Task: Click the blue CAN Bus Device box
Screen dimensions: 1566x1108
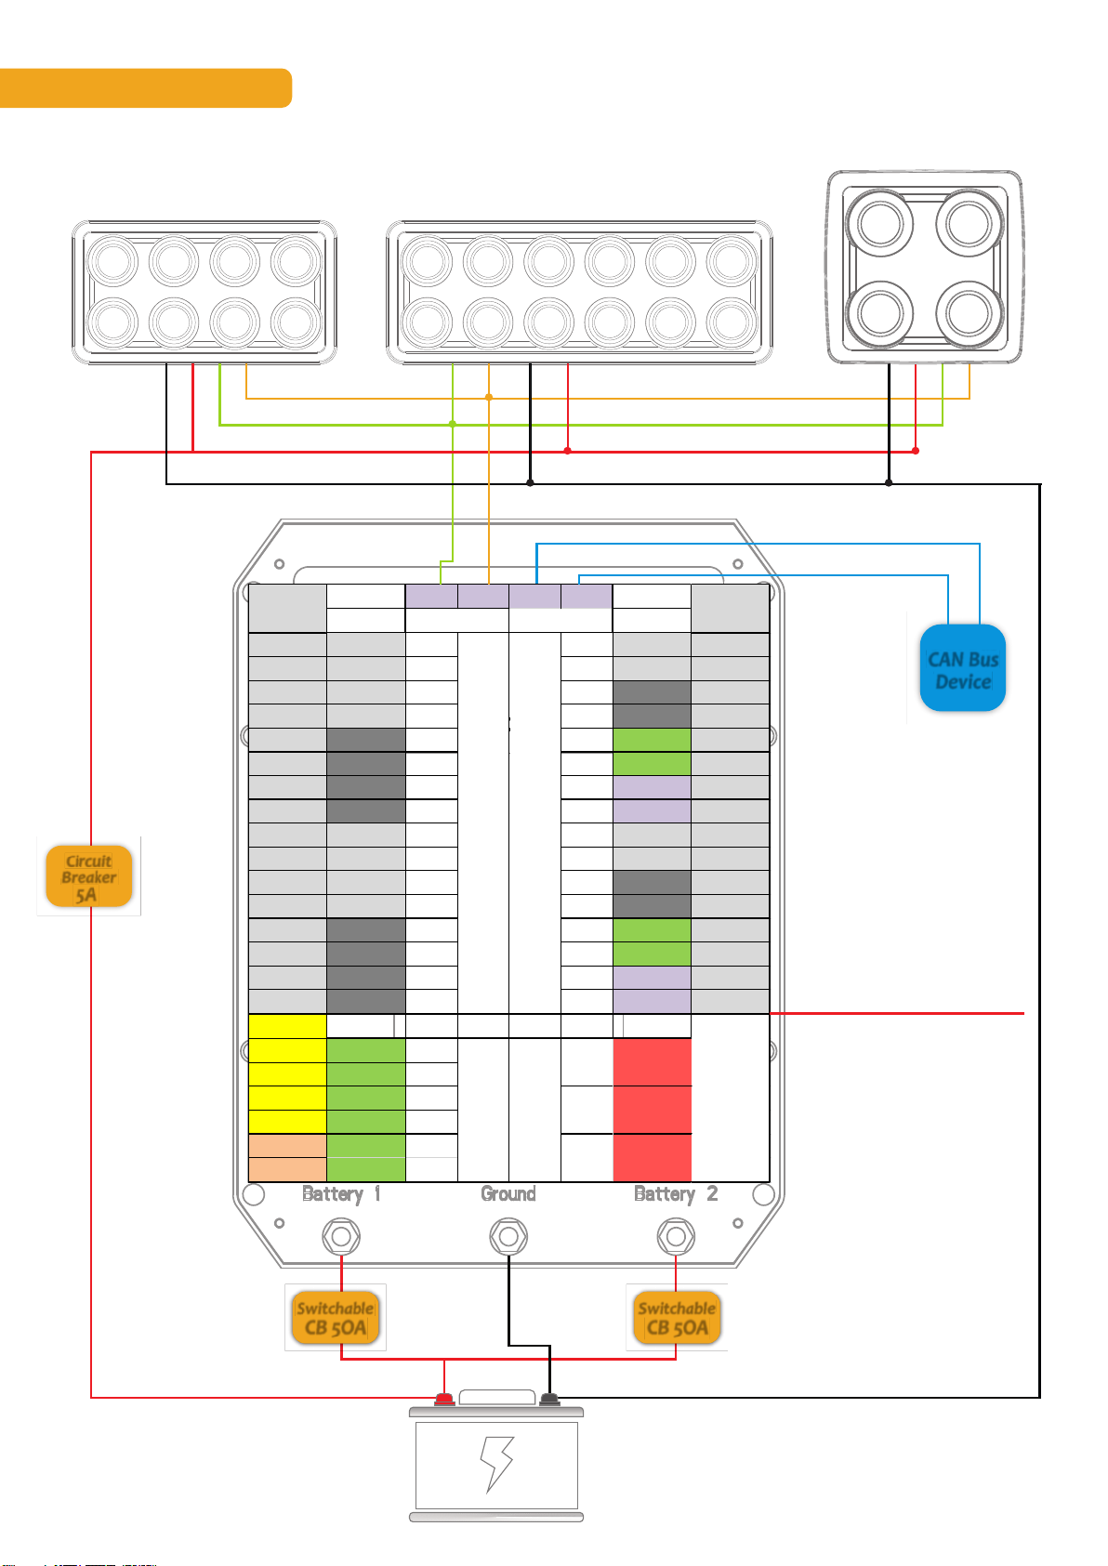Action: [962, 669]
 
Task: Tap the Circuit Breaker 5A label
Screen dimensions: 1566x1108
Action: [88, 876]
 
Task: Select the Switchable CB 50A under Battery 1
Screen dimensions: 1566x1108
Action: [335, 1318]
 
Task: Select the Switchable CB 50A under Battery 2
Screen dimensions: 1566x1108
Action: [677, 1318]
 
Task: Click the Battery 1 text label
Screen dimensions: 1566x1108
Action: [341, 1194]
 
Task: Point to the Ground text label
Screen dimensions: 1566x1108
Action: [508, 1194]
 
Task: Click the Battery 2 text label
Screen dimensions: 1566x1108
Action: [676, 1194]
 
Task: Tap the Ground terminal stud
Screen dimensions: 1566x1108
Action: [508, 1237]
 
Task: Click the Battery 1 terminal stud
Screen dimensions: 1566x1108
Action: [341, 1237]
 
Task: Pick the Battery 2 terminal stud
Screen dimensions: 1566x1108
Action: [676, 1237]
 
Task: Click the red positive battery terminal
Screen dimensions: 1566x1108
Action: [444, 1399]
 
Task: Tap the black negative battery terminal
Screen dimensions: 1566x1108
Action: [549, 1399]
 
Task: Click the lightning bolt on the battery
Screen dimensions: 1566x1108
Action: [496, 1465]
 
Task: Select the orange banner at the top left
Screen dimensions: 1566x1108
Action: [146, 88]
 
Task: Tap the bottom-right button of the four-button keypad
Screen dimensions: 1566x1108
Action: [968, 310]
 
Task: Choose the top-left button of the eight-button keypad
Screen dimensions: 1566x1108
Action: [112, 263]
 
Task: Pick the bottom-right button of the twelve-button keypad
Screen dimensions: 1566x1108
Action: [732, 322]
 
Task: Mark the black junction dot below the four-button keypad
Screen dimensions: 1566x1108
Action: [889, 483]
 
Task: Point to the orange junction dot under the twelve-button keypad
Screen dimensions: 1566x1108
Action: [489, 398]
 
